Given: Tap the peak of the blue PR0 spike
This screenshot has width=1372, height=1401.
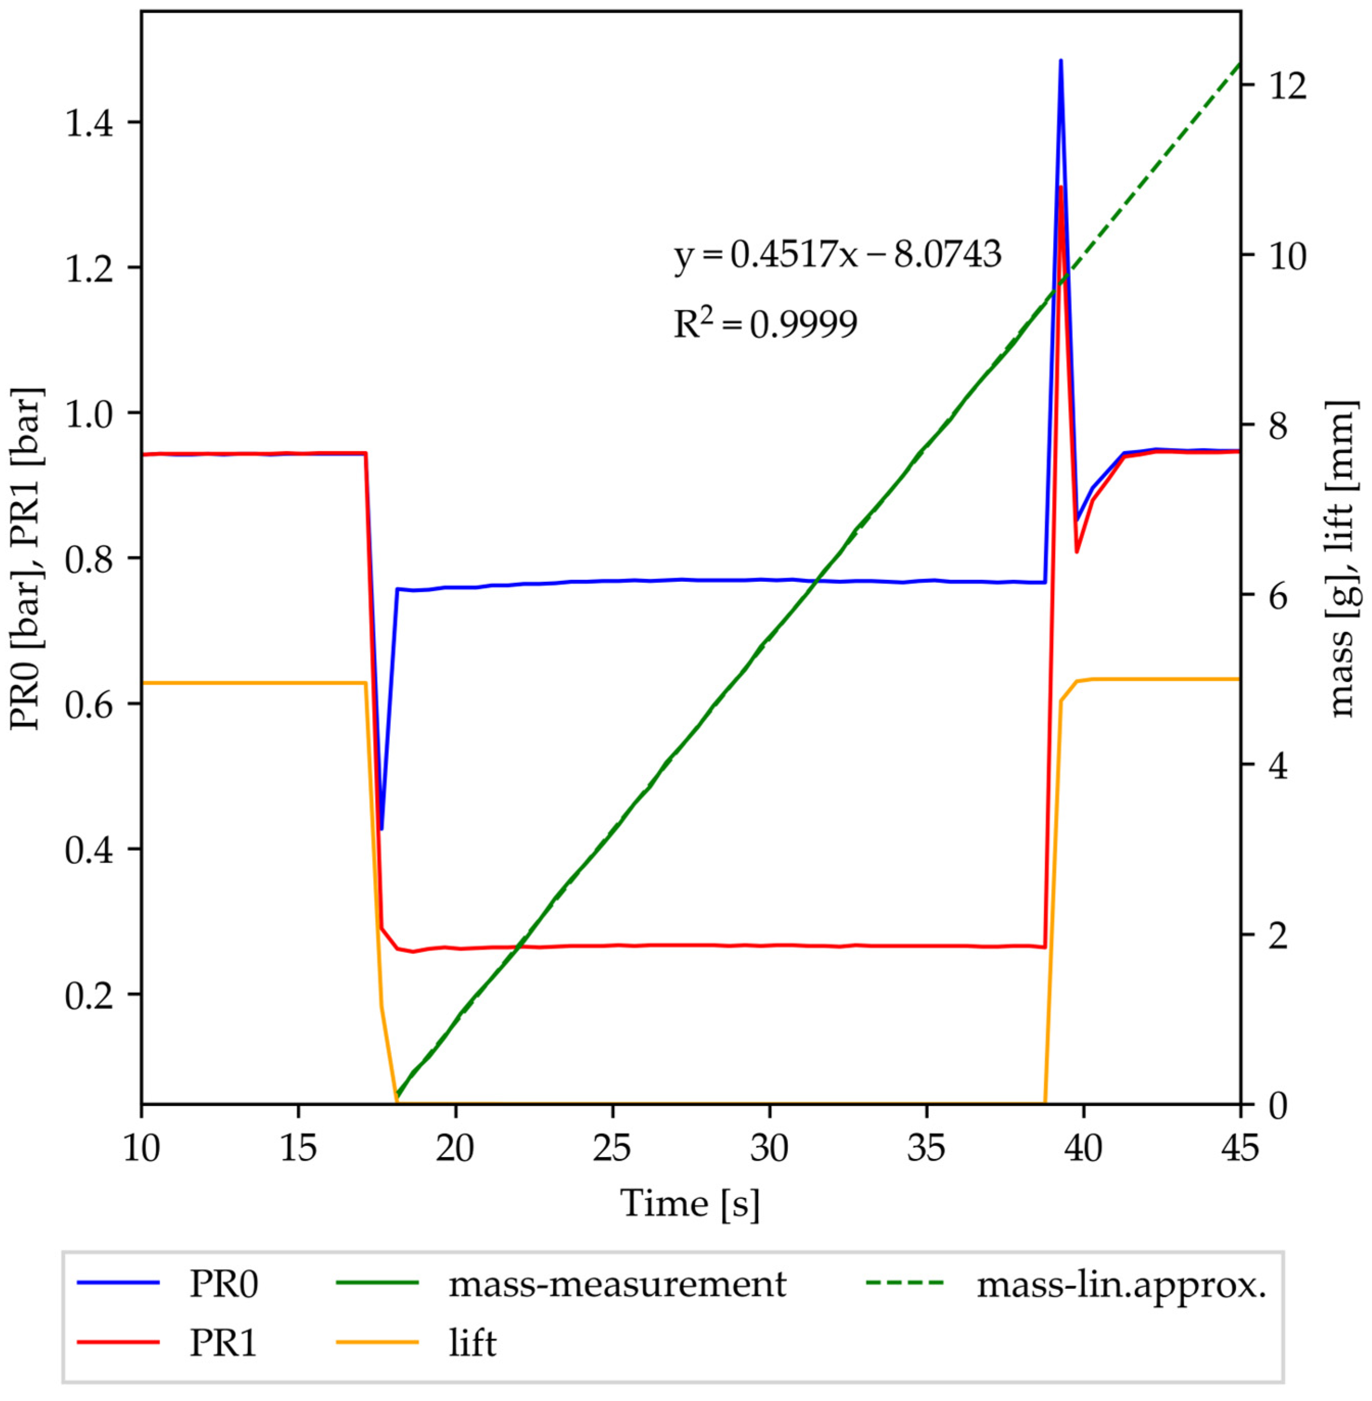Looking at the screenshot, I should tap(1061, 61).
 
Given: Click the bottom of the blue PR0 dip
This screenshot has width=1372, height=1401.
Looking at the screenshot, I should tap(381, 829).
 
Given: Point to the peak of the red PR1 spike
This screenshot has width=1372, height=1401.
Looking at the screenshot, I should tap(1061, 187).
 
